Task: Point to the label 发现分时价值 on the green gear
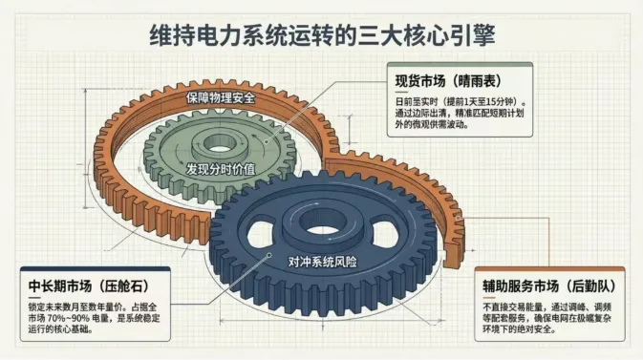pyautogui.click(x=220, y=168)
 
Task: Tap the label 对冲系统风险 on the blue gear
pyautogui.click(x=322, y=260)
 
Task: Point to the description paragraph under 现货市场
pyautogui.click(x=459, y=113)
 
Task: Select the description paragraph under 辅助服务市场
pyautogui.click(x=548, y=320)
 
